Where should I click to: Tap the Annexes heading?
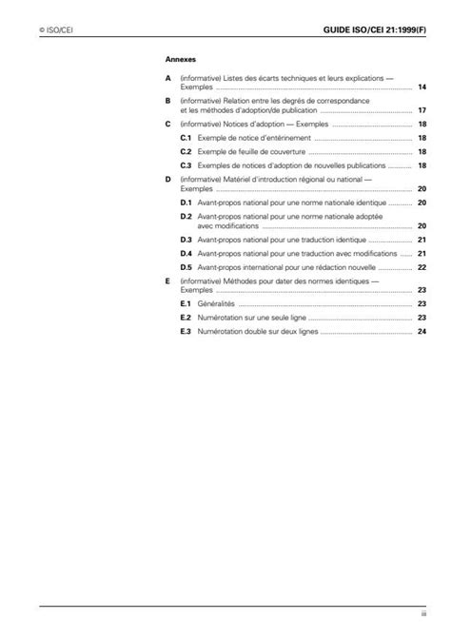pos(180,58)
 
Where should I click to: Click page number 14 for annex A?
pos(421,87)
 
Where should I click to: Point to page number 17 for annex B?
pos(421,110)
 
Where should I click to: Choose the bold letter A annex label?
pos(167,76)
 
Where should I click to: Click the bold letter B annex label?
pos(167,100)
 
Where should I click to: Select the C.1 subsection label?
pos(186,138)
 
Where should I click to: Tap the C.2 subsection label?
pos(186,151)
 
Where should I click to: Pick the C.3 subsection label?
pos(186,164)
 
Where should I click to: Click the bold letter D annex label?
pos(167,178)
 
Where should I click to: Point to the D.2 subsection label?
pos(186,216)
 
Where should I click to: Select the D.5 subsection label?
pos(186,268)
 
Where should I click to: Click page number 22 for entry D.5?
pos(421,268)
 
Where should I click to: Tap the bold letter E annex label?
pos(167,281)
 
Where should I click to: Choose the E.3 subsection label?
pos(186,331)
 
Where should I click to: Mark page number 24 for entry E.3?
pos(421,331)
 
